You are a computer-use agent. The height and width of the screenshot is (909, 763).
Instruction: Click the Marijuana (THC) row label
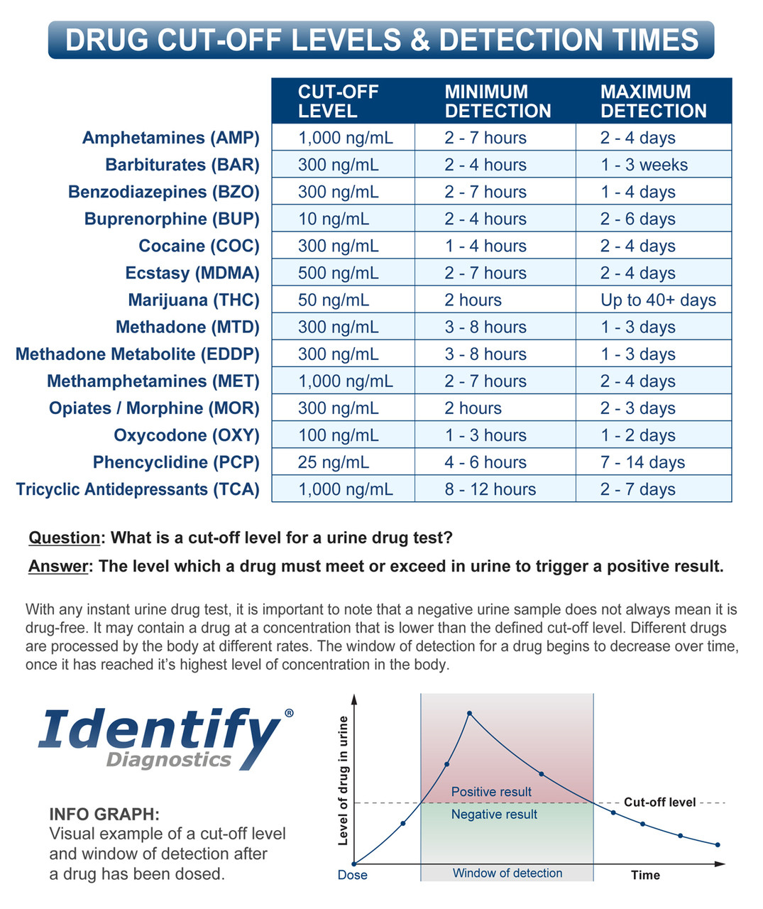(x=193, y=300)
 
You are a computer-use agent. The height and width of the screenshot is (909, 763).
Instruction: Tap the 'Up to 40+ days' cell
(x=658, y=300)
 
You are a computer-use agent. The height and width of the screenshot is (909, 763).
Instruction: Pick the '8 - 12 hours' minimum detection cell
(x=490, y=489)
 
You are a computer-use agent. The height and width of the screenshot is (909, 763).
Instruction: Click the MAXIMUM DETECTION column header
(x=653, y=102)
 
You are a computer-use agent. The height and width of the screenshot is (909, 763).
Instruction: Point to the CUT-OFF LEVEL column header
(x=338, y=102)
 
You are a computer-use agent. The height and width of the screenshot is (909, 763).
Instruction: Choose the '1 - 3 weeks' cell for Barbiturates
(x=644, y=165)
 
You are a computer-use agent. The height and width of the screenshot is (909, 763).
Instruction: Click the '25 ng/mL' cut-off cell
(x=334, y=462)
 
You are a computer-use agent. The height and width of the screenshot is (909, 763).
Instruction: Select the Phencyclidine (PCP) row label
(x=176, y=462)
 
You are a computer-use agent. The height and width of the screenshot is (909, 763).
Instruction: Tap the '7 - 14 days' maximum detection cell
(x=642, y=462)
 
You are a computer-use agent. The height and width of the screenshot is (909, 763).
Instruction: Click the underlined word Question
(x=64, y=538)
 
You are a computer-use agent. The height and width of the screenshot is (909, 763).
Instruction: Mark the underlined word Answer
(x=59, y=566)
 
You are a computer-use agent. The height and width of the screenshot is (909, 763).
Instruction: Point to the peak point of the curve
(x=469, y=713)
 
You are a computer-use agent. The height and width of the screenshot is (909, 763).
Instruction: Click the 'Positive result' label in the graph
(x=491, y=792)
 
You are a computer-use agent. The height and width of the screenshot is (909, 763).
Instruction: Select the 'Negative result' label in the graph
(x=494, y=815)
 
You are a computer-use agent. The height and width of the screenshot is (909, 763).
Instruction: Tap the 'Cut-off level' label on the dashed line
(x=659, y=802)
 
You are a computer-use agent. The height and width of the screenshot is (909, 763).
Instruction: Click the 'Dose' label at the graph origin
(x=353, y=875)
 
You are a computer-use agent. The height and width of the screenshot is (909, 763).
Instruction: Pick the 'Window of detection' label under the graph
(x=507, y=873)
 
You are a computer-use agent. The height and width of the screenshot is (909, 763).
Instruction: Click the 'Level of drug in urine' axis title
(x=344, y=780)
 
